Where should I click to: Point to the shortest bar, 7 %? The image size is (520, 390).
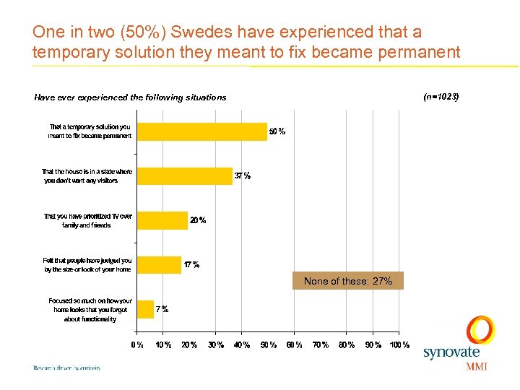click(145, 309)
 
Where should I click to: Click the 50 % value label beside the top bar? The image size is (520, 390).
click(277, 131)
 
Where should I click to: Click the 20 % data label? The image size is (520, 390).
click(198, 220)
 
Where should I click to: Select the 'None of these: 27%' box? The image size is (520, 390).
click(348, 281)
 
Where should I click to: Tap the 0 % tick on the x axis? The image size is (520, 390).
click(136, 345)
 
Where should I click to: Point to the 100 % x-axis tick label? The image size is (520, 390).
click(399, 345)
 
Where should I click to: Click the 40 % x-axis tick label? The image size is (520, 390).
click(241, 345)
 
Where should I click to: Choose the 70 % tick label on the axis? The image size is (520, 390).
click(320, 345)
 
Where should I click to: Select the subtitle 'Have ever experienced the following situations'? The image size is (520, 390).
click(130, 97)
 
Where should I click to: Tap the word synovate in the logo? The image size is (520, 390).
click(451, 352)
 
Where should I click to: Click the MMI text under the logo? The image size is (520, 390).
click(477, 366)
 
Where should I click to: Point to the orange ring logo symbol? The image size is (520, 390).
click(480, 330)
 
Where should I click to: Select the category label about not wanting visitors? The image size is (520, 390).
click(87, 176)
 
